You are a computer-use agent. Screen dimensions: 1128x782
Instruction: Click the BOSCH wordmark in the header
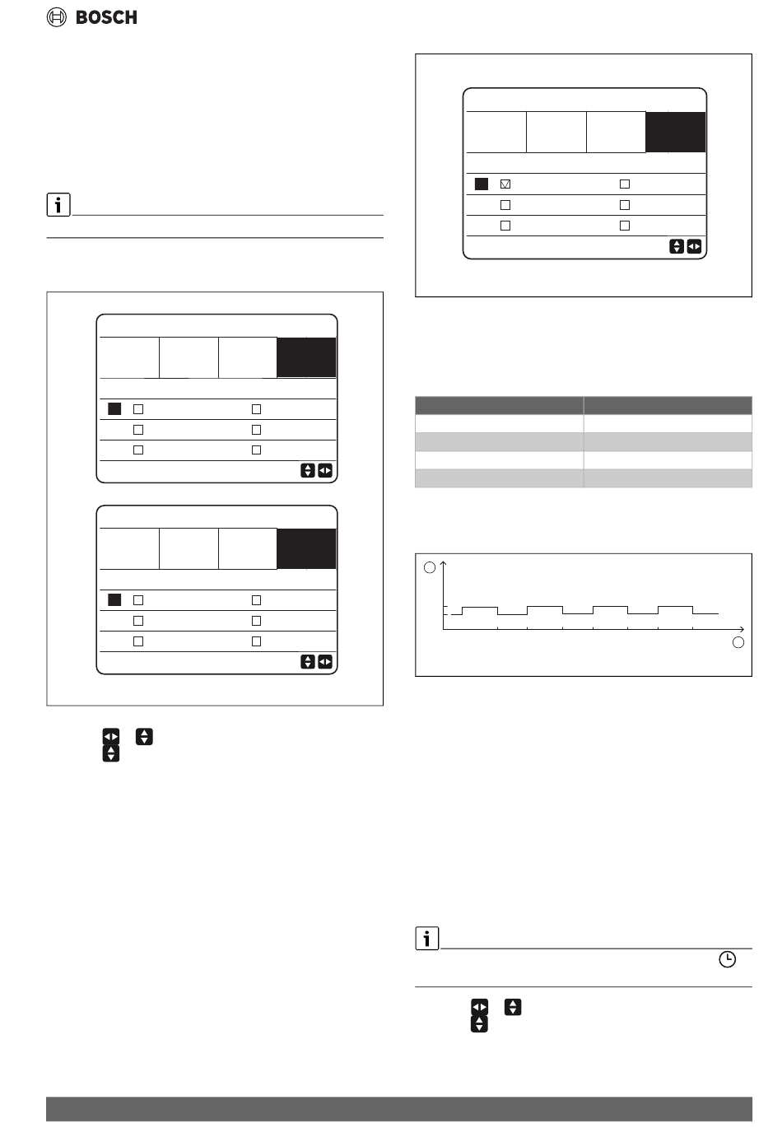[x=106, y=17]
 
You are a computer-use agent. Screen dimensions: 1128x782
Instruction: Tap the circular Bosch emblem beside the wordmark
[x=57, y=17]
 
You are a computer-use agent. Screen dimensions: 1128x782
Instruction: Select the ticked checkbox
[x=505, y=184]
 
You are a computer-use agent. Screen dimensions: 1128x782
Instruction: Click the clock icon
[x=727, y=959]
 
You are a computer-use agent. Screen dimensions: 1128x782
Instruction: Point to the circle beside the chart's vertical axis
[x=429, y=567]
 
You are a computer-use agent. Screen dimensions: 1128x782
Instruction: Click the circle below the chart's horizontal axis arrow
[x=738, y=642]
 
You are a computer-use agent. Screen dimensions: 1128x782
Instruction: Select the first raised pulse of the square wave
[x=479, y=610]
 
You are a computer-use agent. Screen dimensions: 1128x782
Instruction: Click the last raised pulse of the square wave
[x=675, y=610]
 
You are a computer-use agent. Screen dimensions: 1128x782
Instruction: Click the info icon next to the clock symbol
[x=427, y=938]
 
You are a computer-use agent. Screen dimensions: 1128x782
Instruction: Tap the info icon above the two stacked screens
[x=58, y=204]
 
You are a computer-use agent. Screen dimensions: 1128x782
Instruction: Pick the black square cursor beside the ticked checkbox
[x=482, y=184]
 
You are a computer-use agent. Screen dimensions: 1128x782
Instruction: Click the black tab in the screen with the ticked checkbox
[x=675, y=133]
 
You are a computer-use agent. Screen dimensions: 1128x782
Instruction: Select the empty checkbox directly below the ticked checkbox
[x=505, y=204]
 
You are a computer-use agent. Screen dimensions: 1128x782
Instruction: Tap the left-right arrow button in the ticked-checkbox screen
[x=694, y=246]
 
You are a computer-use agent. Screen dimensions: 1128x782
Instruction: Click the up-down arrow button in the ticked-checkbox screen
[x=677, y=246]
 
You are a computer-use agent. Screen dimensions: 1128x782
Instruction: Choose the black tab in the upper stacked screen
[x=306, y=357]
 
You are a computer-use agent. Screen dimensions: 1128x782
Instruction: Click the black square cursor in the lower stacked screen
[x=114, y=600]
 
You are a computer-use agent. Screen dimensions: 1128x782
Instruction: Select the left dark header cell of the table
[x=499, y=405]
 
